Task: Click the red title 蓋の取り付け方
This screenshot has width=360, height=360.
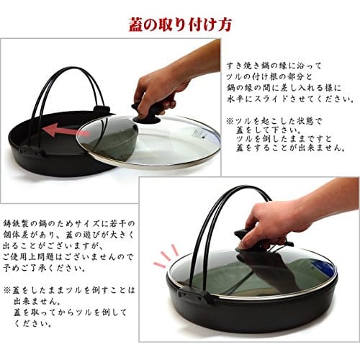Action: point(179,24)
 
